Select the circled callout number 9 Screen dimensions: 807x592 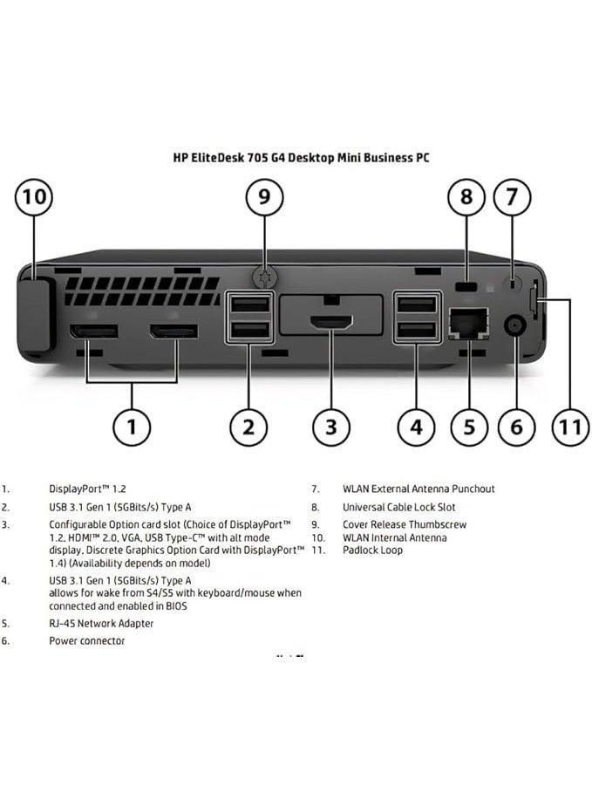263,197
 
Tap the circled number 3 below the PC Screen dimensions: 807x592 331,427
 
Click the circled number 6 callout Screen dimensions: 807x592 516,427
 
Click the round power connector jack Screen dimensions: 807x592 515,327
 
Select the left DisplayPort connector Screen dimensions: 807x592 95,332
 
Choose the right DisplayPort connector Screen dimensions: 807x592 174,332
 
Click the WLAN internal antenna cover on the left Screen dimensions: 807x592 33,314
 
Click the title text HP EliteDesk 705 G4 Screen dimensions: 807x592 300,158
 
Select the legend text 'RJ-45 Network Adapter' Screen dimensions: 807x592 101,624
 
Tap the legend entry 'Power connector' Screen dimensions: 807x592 86,641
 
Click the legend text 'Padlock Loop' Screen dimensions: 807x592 372,551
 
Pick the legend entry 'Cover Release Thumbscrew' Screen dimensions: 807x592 404,524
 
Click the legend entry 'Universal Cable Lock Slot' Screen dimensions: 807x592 398,507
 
